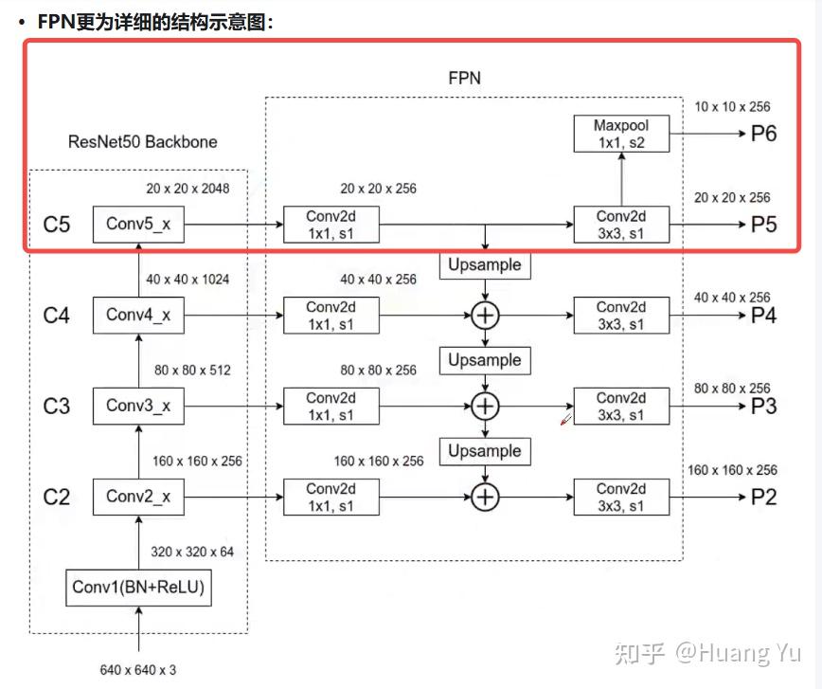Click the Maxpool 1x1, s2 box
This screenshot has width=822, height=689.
(x=621, y=134)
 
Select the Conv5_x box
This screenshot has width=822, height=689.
(x=138, y=224)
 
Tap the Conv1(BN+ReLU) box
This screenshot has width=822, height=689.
(x=138, y=588)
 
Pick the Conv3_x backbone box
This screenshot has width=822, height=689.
(x=138, y=406)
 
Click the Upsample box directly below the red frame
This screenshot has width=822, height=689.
(x=485, y=265)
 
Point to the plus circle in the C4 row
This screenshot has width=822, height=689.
(x=485, y=316)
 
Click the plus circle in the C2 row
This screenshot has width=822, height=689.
(x=485, y=497)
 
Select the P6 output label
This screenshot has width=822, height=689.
(x=763, y=134)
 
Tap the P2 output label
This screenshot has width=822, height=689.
(x=763, y=497)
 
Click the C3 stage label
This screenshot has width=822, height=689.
(x=57, y=407)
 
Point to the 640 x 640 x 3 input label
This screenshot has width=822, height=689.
(x=138, y=670)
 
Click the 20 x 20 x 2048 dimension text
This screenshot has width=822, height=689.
(x=188, y=189)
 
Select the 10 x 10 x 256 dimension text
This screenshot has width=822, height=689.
(x=732, y=107)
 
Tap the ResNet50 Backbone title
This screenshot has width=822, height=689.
(x=143, y=141)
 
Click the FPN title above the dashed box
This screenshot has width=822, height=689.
(x=464, y=79)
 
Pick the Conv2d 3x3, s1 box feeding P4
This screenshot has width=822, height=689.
(x=621, y=316)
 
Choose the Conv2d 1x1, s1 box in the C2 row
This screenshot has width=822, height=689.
(x=331, y=497)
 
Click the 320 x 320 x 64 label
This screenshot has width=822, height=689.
(x=192, y=552)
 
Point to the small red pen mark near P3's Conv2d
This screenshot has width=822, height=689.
(x=566, y=419)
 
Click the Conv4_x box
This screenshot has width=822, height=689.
(x=138, y=315)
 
